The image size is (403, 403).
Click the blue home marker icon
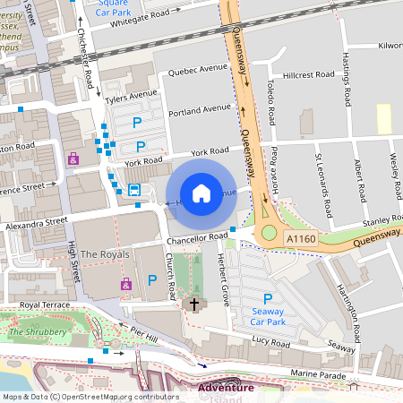201,193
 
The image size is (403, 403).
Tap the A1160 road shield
301,239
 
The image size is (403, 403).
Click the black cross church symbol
192,304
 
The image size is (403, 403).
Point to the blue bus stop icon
134,190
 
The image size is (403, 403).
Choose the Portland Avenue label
203,110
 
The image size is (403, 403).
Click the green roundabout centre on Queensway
269,234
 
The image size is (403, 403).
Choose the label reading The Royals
105,255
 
